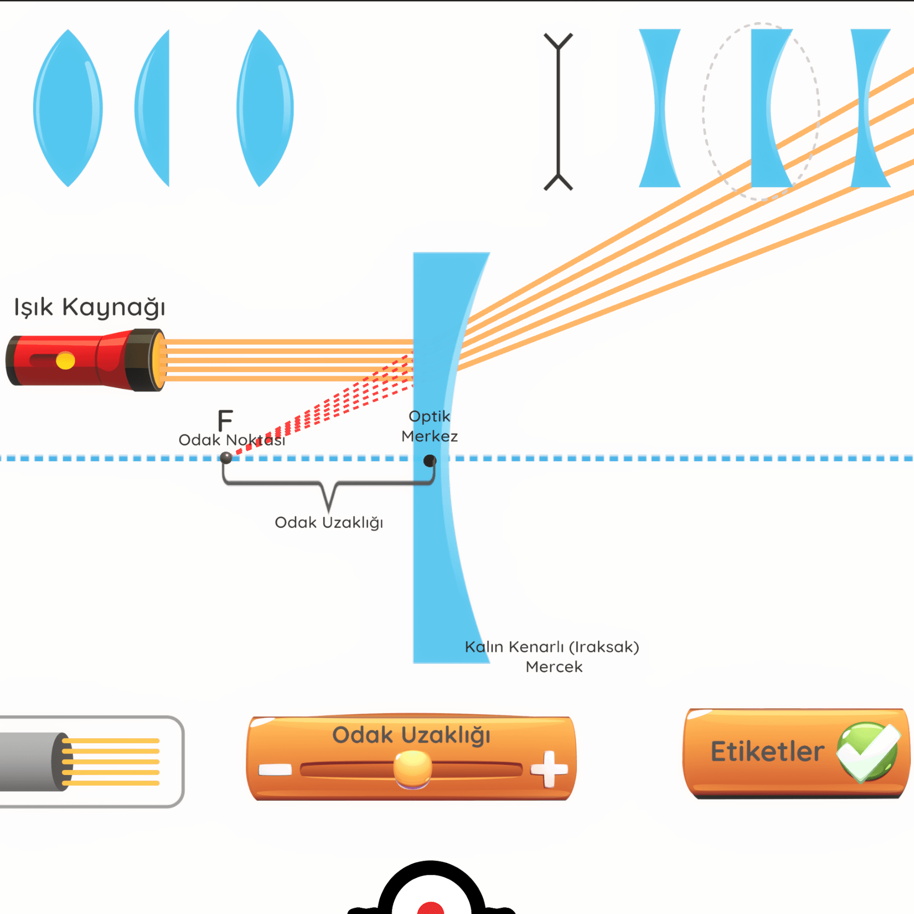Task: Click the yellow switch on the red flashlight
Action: pos(65,361)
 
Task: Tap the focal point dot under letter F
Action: pos(226,458)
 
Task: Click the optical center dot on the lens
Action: pos(430,460)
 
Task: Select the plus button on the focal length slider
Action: pos(549,769)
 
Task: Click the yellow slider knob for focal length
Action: pos(413,769)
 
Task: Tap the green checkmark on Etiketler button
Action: pos(868,752)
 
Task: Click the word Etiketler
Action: pos(767,752)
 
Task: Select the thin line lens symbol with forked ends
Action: pos(558,111)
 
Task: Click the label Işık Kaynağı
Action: pos(89,308)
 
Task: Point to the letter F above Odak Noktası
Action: pos(225,420)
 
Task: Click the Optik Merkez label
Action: pos(430,426)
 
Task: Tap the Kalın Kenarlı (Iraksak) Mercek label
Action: pos(552,657)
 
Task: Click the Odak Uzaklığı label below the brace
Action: pos(329,523)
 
